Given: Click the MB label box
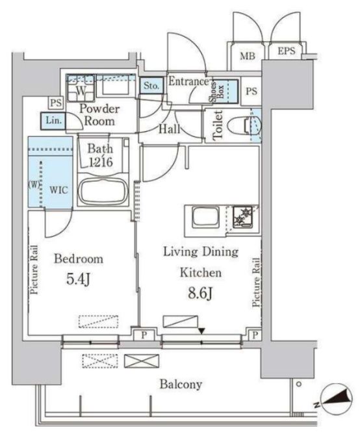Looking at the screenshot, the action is [x=248, y=57].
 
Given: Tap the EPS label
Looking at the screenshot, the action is [x=287, y=51].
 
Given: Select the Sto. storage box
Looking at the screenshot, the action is [x=151, y=85].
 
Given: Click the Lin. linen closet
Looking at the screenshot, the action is [x=53, y=121].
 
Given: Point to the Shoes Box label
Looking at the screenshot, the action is [x=217, y=92].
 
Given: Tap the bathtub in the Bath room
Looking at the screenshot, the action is [x=103, y=192].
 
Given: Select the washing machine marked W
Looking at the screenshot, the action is [x=81, y=88].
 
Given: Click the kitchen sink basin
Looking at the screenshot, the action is [x=206, y=218].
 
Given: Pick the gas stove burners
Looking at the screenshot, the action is [x=242, y=216].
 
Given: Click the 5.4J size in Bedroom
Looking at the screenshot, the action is [x=78, y=279].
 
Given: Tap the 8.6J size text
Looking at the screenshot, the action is [x=200, y=294].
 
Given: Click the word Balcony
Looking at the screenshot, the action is [x=181, y=384].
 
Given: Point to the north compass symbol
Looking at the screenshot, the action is [x=337, y=398].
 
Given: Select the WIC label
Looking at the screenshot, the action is [x=58, y=190].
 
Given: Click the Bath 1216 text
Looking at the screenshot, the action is [x=100, y=156].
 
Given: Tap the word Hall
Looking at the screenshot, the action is [x=169, y=129].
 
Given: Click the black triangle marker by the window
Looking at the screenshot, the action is [x=202, y=331].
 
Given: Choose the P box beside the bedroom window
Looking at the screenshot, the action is [x=144, y=335].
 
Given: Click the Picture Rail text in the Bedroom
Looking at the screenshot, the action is [x=34, y=270].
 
